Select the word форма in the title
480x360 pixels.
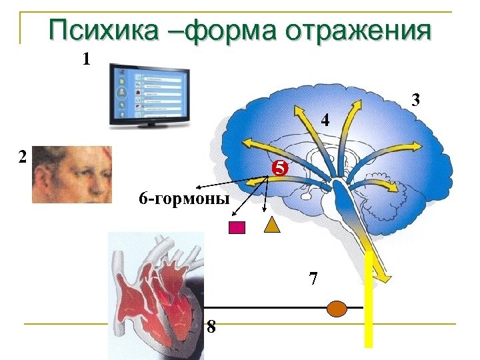[x=223, y=31]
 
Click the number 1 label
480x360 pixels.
[x=85, y=59]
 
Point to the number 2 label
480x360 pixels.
[x=23, y=157]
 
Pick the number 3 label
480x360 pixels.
[x=416, y=101]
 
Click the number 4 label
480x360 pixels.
[x=325, y=121]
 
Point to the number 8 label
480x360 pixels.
[x=211, y=326]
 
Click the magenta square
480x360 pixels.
[x=237, y=228]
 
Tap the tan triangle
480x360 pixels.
[x=272, y=225]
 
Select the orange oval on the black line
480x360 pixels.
[x=338, y=308]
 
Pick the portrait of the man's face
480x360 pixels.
[x=71, y=173]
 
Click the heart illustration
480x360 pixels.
[x=157, y=293]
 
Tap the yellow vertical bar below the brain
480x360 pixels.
[x=367, y=313]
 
